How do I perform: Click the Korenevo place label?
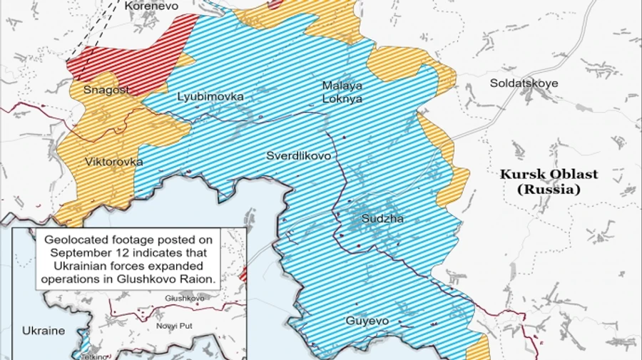point(151,6)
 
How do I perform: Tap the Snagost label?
point(106,90)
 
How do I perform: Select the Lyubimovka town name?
point(210,96)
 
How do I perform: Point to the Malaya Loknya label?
point(342,92)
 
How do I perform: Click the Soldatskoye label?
point(524,83)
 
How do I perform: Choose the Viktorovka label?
point(113,162)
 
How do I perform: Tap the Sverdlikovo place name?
point(298,155)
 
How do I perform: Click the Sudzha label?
point(382,219)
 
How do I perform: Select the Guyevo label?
point(367,321)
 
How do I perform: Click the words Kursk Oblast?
point(549,175)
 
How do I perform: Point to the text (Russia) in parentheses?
point(549,190)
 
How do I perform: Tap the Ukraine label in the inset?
point(43,331)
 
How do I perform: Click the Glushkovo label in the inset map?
point(184,298)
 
